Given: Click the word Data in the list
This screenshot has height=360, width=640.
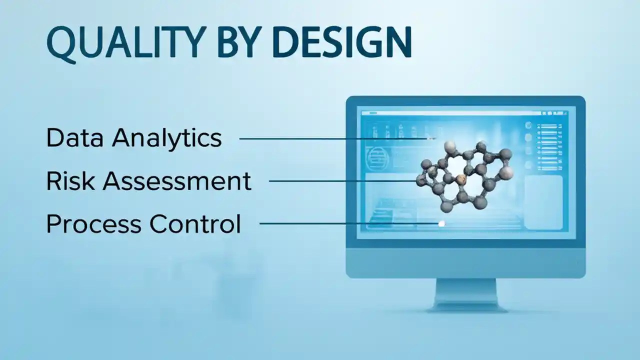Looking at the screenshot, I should pyautogui.click(x=74, y=137).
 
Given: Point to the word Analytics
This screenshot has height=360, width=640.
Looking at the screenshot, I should pyautogui.click(x=167, y=138).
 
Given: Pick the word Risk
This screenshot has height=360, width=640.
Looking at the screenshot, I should pyautogui.click(x=69, y=180).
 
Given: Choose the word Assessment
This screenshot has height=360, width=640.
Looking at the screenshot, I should pyautogui.click(x=177, y=180).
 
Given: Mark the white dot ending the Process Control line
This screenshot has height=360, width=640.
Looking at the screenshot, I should pyautogui.click(x=441, y=224).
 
